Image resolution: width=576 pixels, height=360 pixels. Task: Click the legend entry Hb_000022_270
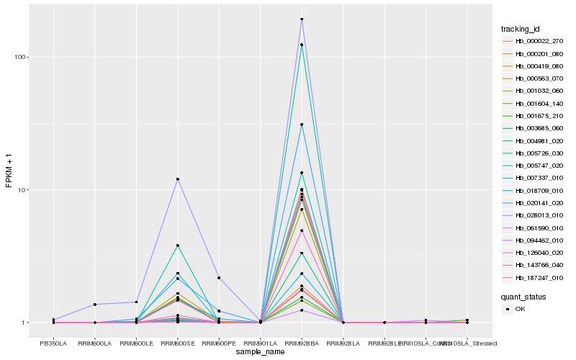click(534, 42)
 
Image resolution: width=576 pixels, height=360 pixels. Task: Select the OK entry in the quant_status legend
click(520, 309)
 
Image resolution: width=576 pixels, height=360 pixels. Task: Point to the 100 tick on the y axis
click(20, 58)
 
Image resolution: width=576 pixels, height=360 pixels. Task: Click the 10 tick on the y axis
click(22, 190)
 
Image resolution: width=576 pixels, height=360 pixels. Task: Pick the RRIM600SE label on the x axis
click(177, 343)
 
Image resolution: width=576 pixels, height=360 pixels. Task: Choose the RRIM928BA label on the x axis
click(302, 343)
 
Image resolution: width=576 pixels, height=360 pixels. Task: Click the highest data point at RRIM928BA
click(302, 19)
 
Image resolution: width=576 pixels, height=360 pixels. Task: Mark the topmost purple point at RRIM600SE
click(177, 179)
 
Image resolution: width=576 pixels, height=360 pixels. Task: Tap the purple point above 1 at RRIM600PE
click(219, 278)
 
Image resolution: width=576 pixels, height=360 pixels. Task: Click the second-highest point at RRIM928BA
click(302, 45)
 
